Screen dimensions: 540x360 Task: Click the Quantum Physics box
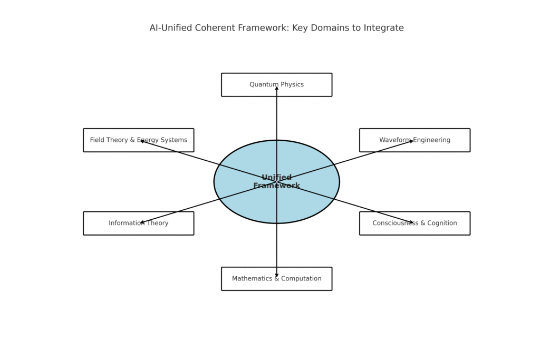(276, 85)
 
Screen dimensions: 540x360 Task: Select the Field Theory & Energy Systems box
(139, 140)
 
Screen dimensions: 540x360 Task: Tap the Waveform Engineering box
(414, 140)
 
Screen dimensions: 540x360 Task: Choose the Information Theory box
(139, 223)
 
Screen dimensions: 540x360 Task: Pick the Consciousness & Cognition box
(414, 223)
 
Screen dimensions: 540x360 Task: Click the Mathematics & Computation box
(276, 279)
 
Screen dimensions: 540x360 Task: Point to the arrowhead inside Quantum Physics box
(276, 88)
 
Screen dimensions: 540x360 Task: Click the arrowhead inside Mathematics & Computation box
(276, 275)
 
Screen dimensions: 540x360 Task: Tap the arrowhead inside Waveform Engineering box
(411, 141)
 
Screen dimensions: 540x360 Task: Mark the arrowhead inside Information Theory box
(142, 222)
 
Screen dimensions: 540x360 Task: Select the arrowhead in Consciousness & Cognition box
(411, 222)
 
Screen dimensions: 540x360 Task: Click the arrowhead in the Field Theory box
(142, 141)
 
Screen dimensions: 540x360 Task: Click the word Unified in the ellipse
(276, 177)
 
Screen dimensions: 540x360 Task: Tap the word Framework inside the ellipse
(276, 186)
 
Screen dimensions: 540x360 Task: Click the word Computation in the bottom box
(301, 278)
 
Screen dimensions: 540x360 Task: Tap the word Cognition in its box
(442, 223)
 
